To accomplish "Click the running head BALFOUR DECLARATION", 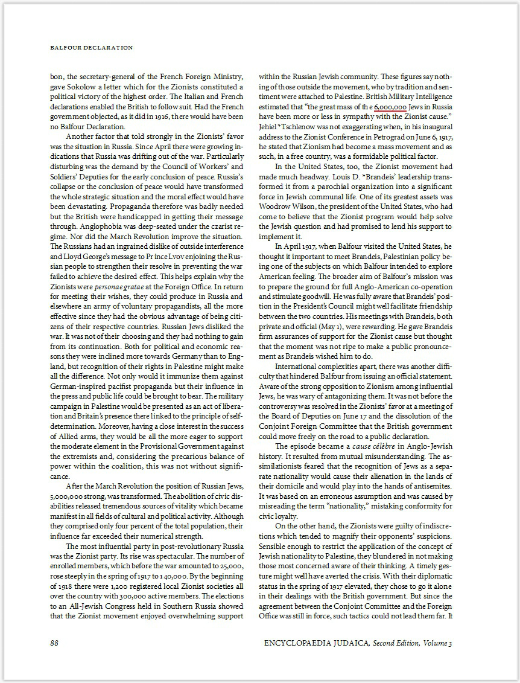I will point(91,47).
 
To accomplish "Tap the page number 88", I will point(54,643).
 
